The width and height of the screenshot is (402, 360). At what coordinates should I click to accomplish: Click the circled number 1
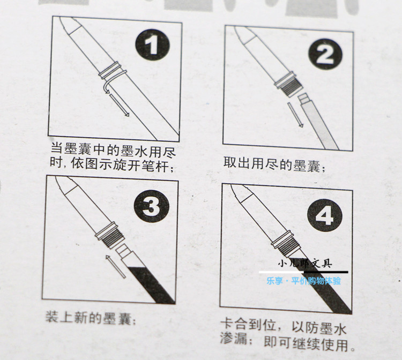(x=153, y=46)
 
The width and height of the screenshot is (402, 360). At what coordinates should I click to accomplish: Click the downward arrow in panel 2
(x=294, y=115)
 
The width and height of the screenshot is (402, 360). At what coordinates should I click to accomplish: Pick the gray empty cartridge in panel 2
(x=321, y=123)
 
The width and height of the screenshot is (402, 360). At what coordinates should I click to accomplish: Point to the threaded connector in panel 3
(x=113, y=236)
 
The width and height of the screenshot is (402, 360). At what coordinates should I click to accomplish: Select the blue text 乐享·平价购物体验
(x=303, y=280)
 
